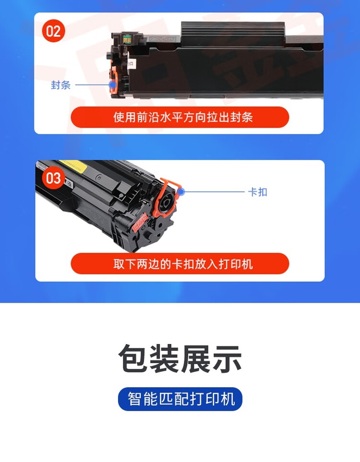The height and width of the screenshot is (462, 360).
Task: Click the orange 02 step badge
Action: tap(53, 32)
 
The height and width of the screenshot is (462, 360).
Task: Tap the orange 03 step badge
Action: tap(53, 178)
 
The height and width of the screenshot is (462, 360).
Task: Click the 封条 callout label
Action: tap(61, 85)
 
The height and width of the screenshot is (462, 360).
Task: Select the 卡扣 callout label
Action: tap(257, 192)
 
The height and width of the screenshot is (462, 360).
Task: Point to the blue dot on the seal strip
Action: tap(113, 85)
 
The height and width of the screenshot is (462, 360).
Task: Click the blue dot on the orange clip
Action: tap(181, 192)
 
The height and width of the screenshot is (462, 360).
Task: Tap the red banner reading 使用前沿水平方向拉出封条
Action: tap(180, 117)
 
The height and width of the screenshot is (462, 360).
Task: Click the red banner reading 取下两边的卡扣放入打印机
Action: tap(180, 264)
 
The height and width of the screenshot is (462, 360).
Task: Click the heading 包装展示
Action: tap(180, 359)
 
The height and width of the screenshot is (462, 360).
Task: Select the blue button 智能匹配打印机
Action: tap(180, 399)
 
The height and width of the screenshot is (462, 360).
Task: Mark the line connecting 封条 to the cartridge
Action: tap(91, 85)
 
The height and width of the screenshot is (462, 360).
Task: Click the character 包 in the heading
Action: tap(133, 359)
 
